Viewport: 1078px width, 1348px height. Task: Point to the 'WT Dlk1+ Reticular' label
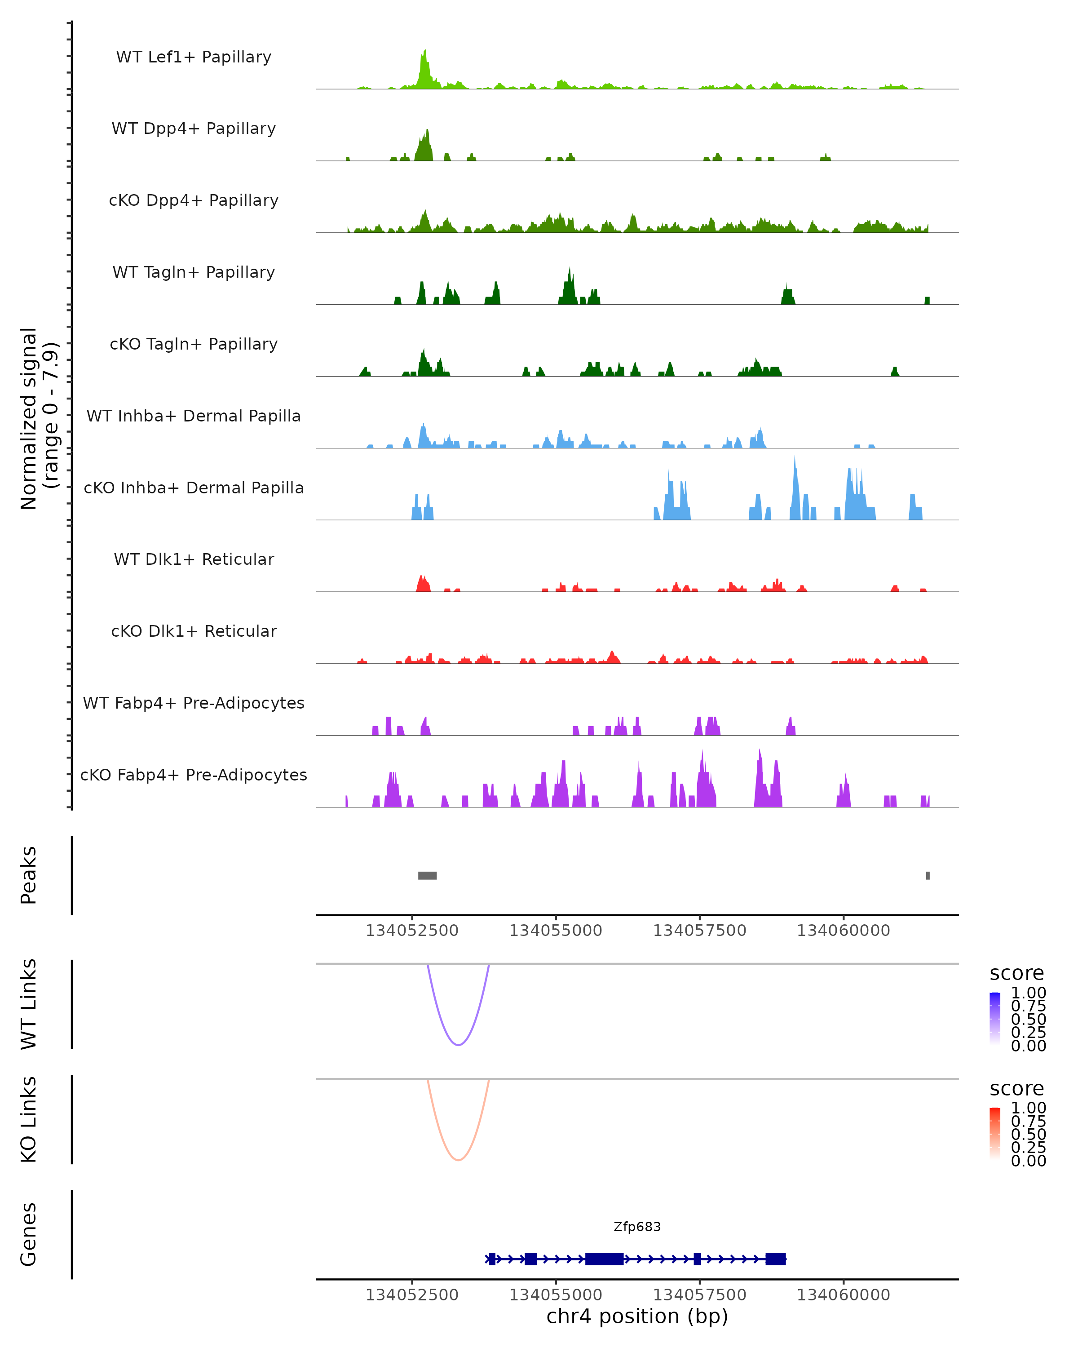click(194, 559)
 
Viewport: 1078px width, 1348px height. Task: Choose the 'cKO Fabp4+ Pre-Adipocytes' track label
click(194, 775)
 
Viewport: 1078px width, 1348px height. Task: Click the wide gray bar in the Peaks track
click(428, 875)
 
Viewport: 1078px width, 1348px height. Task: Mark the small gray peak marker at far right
click(928, 875)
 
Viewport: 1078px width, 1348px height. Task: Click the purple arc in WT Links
click(458, 1044)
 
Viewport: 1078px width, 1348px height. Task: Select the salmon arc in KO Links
click(458, 1159)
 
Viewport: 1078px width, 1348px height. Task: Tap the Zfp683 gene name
click(637, 1227)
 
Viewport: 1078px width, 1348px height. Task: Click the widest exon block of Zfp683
click(604, 1259)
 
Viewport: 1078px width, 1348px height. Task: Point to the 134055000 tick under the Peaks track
click(556, 931)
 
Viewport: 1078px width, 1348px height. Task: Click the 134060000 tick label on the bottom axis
click(843, 1295)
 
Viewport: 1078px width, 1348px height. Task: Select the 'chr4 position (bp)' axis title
click(637, 1317)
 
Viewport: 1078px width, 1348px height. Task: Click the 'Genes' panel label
click(29, 1234)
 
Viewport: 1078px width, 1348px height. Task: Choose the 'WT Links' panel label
click(29, 1003)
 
